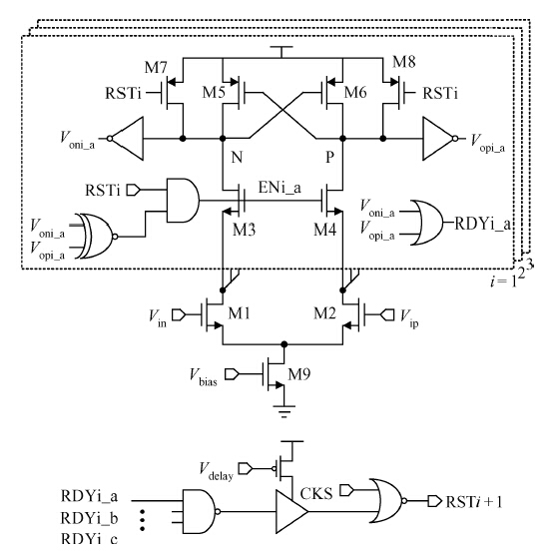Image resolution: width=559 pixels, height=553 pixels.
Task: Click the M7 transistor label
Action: [156, 67]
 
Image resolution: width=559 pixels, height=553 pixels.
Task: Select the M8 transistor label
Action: [404, 62]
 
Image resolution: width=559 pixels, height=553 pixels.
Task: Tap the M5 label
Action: [214, 93]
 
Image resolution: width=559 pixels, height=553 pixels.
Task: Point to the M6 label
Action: [355, 93]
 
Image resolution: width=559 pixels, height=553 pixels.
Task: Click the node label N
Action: [238, 157]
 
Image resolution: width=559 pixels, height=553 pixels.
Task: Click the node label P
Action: [330, 157]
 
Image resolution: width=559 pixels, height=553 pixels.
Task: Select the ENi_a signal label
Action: [279, 188]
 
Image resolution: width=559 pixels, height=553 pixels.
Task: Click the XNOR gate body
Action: [96, 236]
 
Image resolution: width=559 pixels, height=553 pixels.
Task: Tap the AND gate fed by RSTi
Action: [183, 201]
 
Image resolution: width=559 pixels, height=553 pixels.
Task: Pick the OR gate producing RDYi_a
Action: [426, 223]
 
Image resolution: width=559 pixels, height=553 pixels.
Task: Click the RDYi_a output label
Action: [483, 224]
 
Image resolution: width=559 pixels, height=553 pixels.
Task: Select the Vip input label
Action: [409, 318]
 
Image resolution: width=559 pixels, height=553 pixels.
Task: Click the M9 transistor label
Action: [299, 374]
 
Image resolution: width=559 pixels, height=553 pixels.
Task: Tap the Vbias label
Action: [204, 377]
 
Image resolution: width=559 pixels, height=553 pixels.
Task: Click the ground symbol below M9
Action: [284, 410]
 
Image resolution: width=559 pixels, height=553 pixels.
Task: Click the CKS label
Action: [316, 494]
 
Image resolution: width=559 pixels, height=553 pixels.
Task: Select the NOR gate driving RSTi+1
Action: [388, 500]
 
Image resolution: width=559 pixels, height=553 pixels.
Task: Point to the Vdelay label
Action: [217, 471]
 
